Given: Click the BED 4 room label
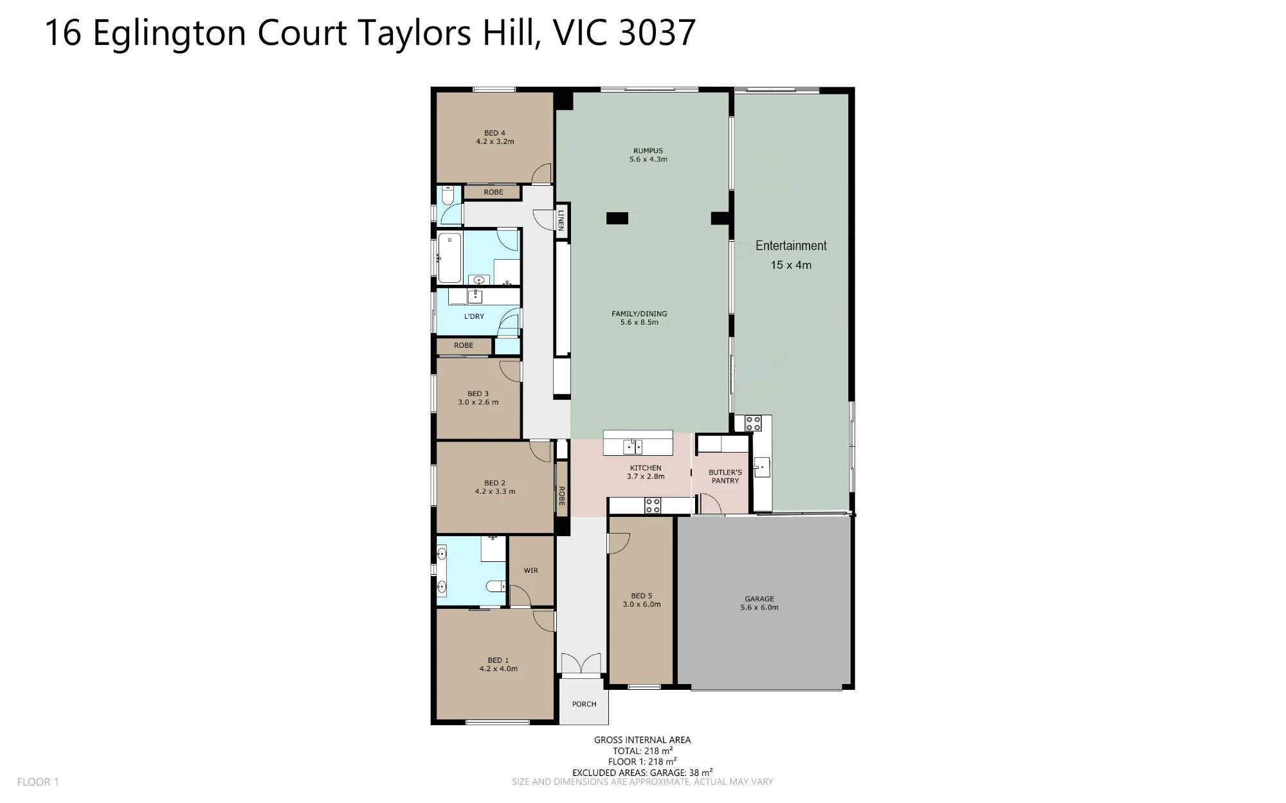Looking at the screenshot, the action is tap(495, 138).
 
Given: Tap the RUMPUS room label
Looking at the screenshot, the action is tap(648, 155).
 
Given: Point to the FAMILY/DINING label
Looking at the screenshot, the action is tap(639, 318).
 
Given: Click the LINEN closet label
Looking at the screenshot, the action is tap(561, 221).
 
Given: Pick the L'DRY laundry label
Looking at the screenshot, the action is tap(474, 316).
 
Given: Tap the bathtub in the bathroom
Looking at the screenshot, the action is tap(449, 258).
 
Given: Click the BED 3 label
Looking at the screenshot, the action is tap(478, 398).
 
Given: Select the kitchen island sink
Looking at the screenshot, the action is tap(633, 446).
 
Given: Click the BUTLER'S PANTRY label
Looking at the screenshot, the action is tap(725, 476).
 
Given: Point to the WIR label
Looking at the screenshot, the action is tap(530, 570).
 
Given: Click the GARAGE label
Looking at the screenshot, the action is tap(759, 603).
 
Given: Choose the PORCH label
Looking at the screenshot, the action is tap(584, 704).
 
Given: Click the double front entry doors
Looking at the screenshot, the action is tap(581, 664).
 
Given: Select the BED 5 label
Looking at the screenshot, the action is tap(641, 600).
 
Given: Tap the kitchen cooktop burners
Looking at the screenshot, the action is tap(653, 505).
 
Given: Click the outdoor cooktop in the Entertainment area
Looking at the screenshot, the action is tap(753, 423).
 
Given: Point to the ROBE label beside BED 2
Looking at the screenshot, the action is tap(561, 496).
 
